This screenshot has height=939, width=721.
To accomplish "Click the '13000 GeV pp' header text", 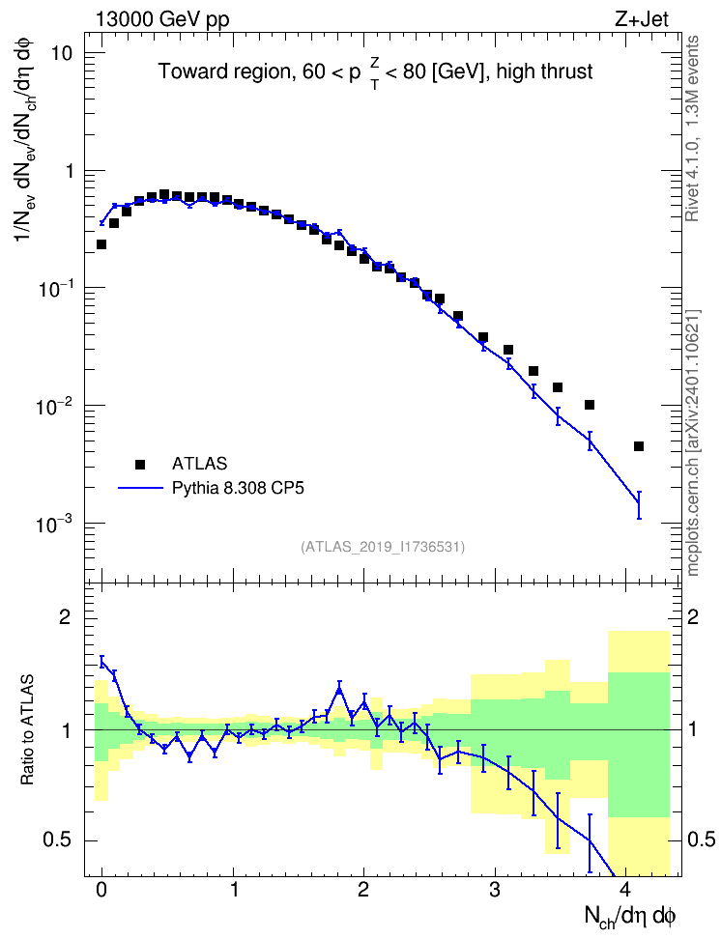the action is point(162,19).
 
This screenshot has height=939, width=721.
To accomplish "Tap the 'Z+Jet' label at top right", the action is point(642,19).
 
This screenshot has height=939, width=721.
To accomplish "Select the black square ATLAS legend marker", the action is point(140,464).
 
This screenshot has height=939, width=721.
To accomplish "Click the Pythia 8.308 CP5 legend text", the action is point(238,488).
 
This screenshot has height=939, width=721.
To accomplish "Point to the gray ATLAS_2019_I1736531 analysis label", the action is point(383,546).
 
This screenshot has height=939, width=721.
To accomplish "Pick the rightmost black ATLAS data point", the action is point(639,446).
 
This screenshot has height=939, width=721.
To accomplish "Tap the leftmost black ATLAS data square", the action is point(101,244).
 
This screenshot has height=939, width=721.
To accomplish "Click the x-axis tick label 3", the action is point(495,890).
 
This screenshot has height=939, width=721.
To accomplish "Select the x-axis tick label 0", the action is point(101,890).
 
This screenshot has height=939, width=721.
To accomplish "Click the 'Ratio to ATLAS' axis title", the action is point(28,729).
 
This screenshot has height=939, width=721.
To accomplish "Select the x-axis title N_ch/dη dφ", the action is point(629,916).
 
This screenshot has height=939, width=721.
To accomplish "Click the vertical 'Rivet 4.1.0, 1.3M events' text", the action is point(693,128).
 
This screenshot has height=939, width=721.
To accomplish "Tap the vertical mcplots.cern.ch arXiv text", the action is point(693,443).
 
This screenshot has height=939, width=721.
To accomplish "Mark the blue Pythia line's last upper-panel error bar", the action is point(639,505).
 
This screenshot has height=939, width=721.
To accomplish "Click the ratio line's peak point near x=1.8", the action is point(340,690).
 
